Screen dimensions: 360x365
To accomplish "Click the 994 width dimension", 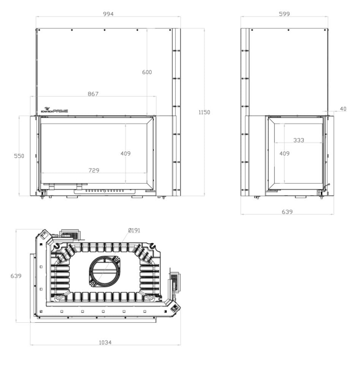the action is point(108,14).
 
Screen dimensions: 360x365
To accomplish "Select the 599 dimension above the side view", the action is point(284,14).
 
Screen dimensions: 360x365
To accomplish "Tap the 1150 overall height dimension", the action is point(204,112).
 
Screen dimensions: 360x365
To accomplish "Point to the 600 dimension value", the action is point(147,72).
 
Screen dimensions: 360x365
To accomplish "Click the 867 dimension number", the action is point(93,94).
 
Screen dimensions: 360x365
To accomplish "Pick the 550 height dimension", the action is point(19,156).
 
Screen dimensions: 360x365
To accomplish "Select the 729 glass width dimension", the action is point(94,170).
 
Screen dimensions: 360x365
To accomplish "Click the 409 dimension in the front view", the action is point(126,153).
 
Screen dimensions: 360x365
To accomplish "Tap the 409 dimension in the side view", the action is point(284,153).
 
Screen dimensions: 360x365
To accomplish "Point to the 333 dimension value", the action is point(298,140).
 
